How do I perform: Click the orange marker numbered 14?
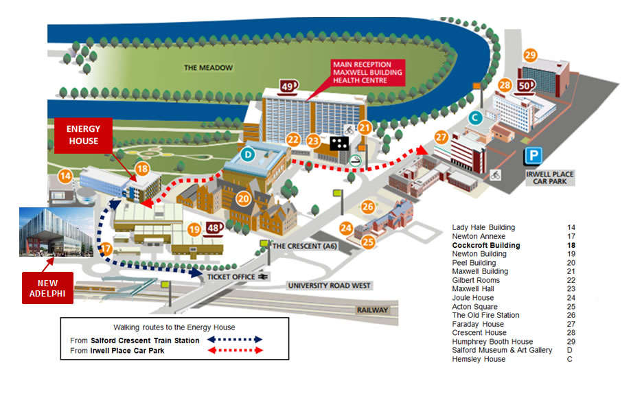click(x=65, y=176)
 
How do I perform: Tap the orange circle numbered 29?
click(x=529, y=55)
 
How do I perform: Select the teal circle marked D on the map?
click(x=248, y=152)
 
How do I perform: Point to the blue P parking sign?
click(x=532, y=157)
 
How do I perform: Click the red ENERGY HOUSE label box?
click(x=83, y=135)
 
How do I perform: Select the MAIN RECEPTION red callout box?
click(x=360, y=72)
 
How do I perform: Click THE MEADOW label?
click(x=209, y=67)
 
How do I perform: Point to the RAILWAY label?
click(x=371, y=310)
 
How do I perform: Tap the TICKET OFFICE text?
click(x=230, y=277)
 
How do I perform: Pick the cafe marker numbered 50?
click(x=525, y=86)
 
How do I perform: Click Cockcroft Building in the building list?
click(x=486, y=245)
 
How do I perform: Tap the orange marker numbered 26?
click(x=368, y=207)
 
